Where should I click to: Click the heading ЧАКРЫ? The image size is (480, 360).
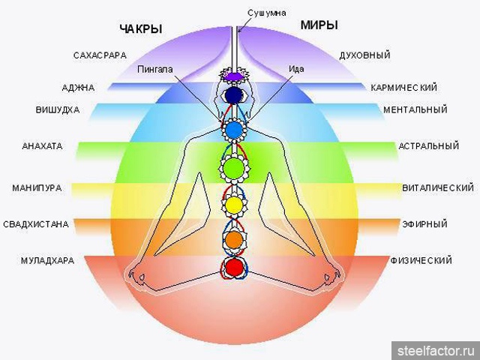(x=141, y=29)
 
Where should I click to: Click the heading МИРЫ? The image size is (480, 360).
(x=319, y=25)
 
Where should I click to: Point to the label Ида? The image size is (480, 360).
(x=295, y=69)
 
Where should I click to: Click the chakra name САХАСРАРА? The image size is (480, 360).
(x=100, y=55)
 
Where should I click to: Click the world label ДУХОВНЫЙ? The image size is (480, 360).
(x=366, y=55)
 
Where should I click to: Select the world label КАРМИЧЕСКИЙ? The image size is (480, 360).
(x=403, y=88)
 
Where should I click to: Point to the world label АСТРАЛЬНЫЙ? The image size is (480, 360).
(x=428, y=145)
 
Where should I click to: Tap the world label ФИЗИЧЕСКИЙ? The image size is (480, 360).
(x=421, y=260)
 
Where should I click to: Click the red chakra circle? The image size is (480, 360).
(x=234, y=266)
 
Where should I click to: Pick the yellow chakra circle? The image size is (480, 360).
(x=233, y=203)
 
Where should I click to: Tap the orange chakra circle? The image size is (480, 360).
(x=233, y=239)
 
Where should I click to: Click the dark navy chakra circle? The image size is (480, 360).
(x=233, y=95)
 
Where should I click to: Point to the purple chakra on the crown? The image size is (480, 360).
(x=233, y=76)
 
